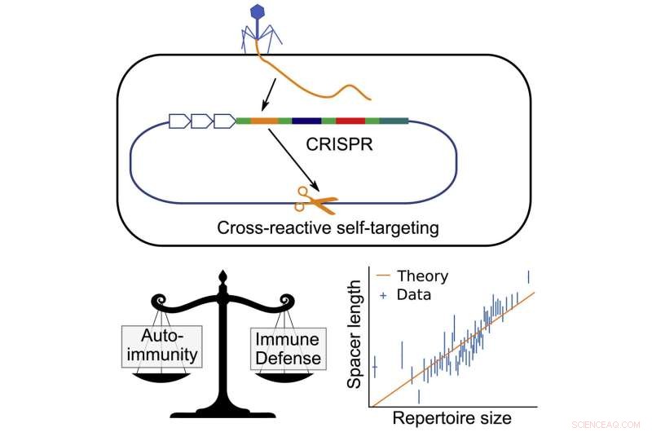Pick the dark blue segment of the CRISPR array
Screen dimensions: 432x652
click(x=306, y=121)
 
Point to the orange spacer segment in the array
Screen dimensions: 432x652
click(x=264, y=121)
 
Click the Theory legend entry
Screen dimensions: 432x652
click(x=419, y=276)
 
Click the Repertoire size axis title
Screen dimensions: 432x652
click(x=453, y=419)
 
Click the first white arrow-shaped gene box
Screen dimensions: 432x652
click(x=179, y=121)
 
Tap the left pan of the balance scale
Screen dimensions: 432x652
click(x=161, y=379)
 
